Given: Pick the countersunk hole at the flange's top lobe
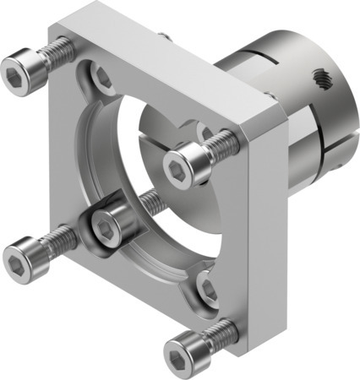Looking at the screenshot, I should point(102,80).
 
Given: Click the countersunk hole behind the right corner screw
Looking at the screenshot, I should point(203,133).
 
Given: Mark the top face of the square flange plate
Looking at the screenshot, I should point(169,59).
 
